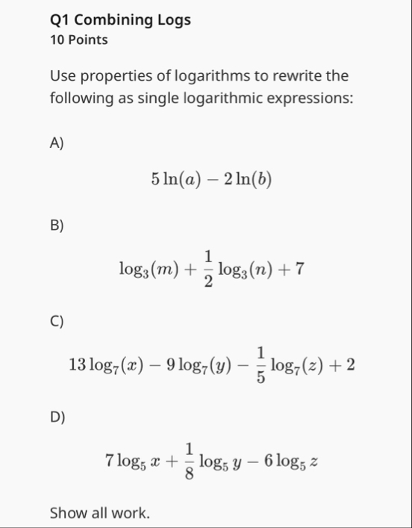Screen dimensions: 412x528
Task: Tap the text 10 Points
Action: coord(78,40)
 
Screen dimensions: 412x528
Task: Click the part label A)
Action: coord(57,144)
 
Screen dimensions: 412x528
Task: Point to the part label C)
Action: coord(57,322)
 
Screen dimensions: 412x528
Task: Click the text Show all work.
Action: coord(99,513)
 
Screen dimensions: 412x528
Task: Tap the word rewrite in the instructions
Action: coord(287,76)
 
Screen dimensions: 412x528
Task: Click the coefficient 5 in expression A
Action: coord(154,178)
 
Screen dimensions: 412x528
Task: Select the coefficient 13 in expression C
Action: coord(77,365)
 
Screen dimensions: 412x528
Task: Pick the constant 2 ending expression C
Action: coord(350,365)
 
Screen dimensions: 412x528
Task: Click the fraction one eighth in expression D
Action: coord(190,461)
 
